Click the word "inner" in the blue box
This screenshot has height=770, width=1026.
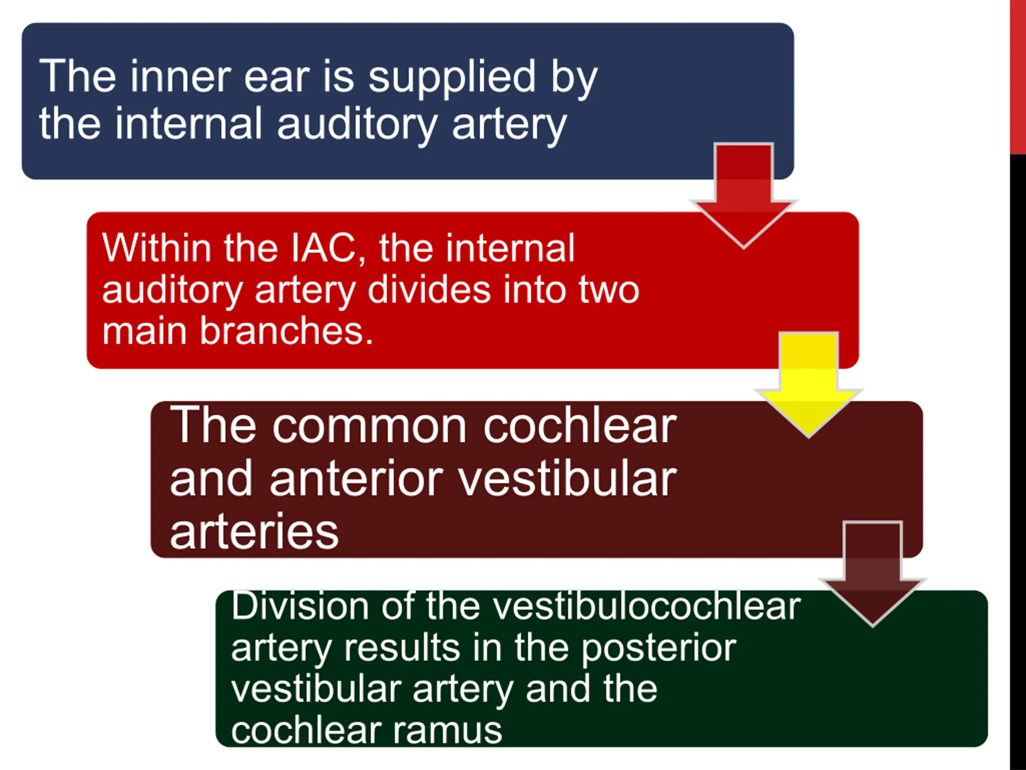[180, 76]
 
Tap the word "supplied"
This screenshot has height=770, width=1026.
[452, 79]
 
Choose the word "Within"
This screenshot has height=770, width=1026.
[157, 248]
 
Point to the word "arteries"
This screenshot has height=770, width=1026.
[254, 532]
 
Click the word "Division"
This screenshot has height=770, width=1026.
[300, 606]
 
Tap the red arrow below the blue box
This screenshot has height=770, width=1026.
[743, 195]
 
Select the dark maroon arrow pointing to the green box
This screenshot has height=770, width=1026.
[873, 573]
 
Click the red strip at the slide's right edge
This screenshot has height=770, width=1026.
[1018, 77]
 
